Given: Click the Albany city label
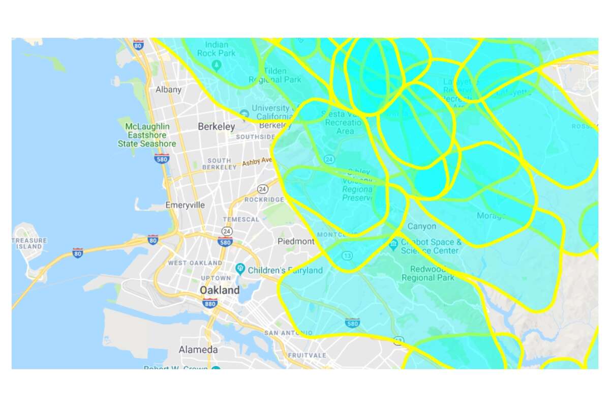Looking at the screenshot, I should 168,90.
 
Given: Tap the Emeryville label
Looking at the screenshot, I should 185,206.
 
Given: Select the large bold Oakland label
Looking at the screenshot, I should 220,290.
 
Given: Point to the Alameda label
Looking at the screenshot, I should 198,350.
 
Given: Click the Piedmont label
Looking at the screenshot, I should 296,241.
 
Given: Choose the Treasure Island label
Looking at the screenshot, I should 29,243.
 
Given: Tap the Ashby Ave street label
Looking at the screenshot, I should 257,162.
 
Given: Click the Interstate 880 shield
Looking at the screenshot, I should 209,303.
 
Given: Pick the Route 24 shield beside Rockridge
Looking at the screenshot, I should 262,189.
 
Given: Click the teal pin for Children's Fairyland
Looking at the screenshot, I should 240,268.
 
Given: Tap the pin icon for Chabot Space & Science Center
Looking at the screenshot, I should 393,245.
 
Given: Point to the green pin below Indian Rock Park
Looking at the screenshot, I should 216,65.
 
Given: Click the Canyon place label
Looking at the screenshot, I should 421,226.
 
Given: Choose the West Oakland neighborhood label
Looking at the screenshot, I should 195,263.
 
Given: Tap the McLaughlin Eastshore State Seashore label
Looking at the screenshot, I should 147,135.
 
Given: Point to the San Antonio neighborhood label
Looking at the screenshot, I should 288,333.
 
